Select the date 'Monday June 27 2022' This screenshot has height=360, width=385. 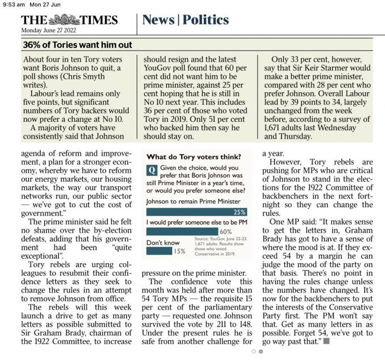(x=49, y=31)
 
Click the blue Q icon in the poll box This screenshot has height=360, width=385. (x=151, y=169)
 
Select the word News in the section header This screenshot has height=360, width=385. (x=158, y=20)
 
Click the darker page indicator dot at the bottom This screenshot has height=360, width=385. (x=261, y=352)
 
